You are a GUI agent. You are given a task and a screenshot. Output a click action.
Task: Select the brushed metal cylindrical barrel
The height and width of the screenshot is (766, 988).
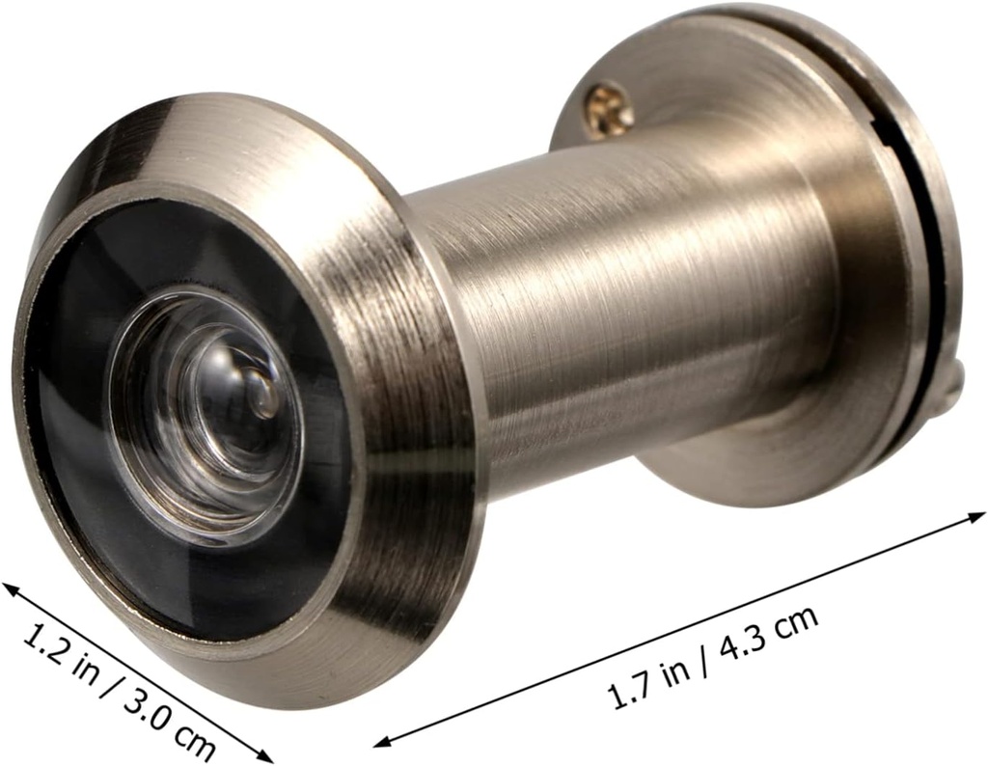click(x=617, y=289)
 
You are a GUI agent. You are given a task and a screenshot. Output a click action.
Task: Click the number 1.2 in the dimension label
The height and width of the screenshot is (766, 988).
click(x=43, y=641)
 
